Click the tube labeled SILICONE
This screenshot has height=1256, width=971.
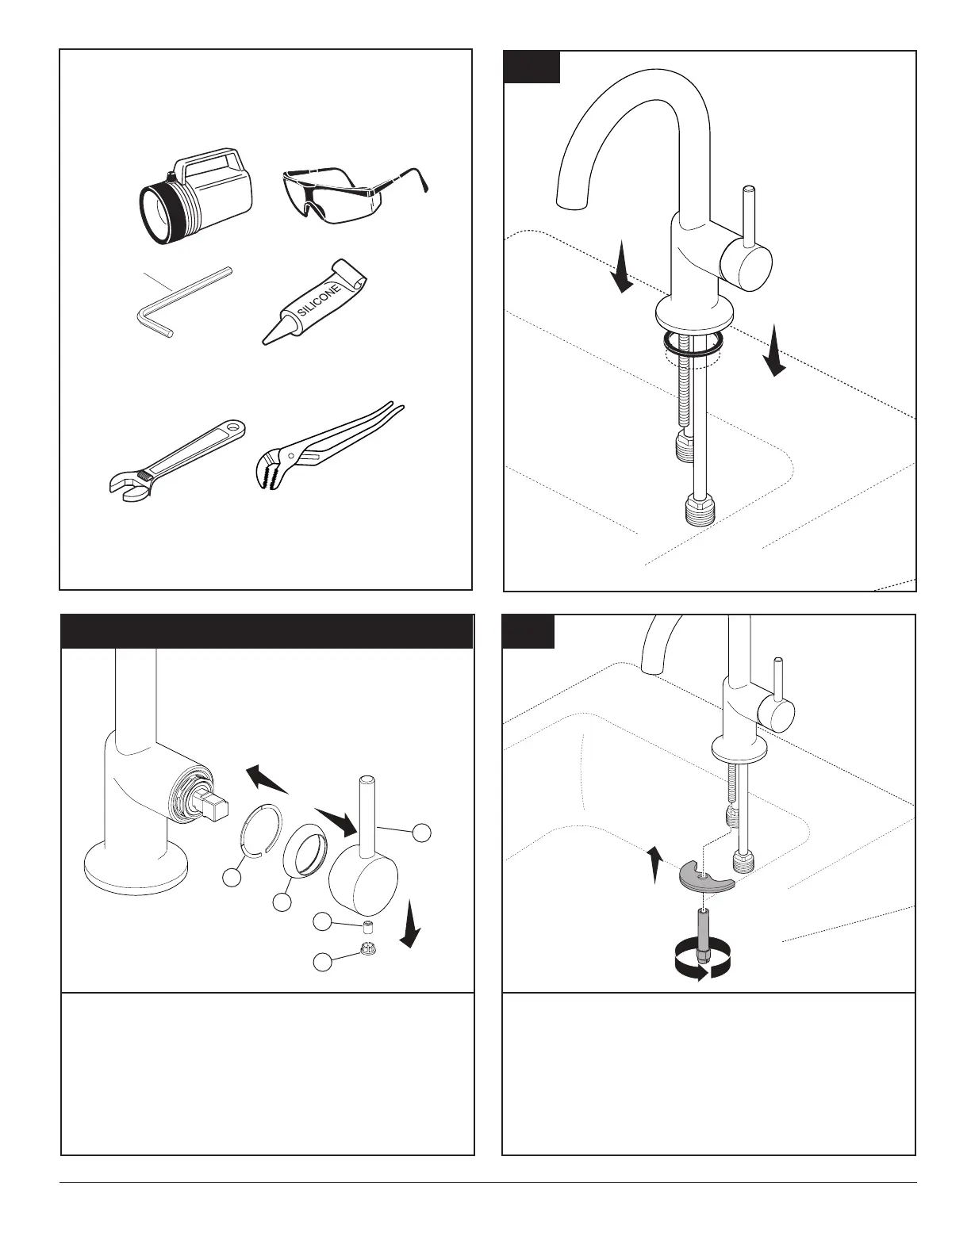coord(314,303)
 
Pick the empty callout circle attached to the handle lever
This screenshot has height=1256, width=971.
coord(422,833)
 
